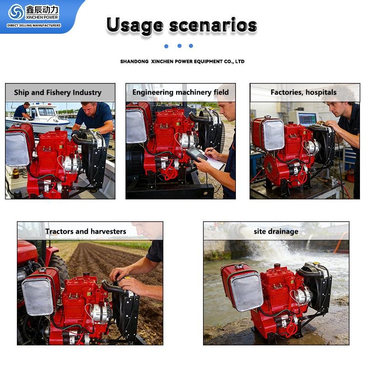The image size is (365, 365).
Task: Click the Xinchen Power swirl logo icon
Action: pos(16,12)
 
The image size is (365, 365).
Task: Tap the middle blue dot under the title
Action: pos(179,46)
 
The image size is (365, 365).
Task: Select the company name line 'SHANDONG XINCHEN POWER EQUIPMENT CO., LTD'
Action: pos(182,62)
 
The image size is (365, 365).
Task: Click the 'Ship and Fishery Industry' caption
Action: pos(57,93)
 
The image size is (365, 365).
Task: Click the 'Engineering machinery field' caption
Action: pos(181,93)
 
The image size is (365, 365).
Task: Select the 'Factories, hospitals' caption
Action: pos(303,93)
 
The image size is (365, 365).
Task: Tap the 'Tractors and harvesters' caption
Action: pos(86,231)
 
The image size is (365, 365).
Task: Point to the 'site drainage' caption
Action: pos(276,231)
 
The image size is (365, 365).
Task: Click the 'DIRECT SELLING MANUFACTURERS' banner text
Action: pos(34,26)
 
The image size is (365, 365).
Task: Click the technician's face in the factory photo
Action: pos(337,109)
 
